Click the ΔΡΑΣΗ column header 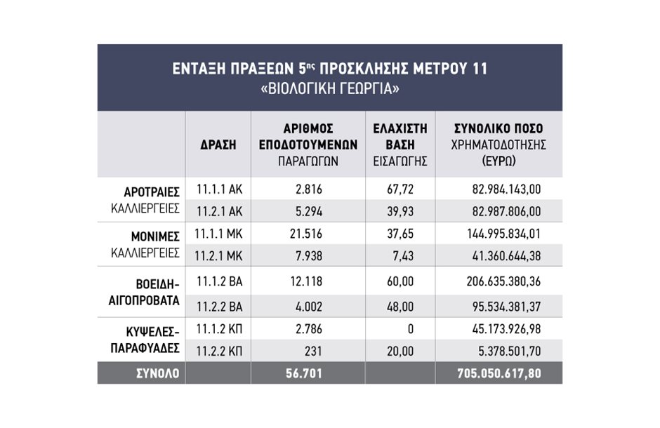coord(218,145)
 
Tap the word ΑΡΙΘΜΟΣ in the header coord(308,128)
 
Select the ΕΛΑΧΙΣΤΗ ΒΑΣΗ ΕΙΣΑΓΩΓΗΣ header coord(400,145)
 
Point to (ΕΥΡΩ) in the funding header coord(499,161)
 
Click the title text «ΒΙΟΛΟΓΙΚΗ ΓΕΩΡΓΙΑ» coord(330,89)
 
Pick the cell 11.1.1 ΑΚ coord(219,189)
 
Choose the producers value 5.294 coord(308,211)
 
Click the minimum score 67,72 coord(400,189)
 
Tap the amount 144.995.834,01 coord(503,234)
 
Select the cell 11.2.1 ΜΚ coord(219,256)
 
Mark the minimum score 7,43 coord(403,256)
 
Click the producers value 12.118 coord(306,281)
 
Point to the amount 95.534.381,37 coord(506,307)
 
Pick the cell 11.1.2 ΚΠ coord(219,329)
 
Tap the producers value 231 coord(313,351)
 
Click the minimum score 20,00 coord(400,351)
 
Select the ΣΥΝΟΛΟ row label coord(158,373)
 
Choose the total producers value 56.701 coord(304,373)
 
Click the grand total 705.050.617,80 coord(499,373)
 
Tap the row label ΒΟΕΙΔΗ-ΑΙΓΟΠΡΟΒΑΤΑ coord(144,293)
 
